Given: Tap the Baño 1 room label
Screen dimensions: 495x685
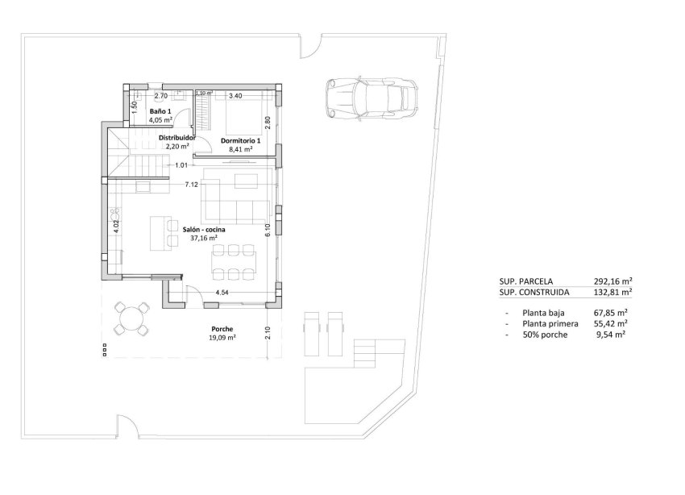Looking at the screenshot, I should (160, 111).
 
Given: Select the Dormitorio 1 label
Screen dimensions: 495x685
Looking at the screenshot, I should (240, 140).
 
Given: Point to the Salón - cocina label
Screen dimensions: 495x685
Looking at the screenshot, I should (204, 230).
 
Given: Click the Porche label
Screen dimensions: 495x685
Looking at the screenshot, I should (222, 329).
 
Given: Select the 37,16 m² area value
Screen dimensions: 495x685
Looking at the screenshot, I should (204, 239).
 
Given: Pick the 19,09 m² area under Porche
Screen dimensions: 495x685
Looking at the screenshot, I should (222, 338).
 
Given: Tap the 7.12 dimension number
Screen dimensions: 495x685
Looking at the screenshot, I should (191, 185).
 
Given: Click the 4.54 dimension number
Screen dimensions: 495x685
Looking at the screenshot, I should (222, 292).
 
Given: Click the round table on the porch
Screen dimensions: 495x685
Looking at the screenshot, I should (131, 318).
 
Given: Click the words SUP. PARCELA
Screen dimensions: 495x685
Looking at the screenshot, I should (525, 281).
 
